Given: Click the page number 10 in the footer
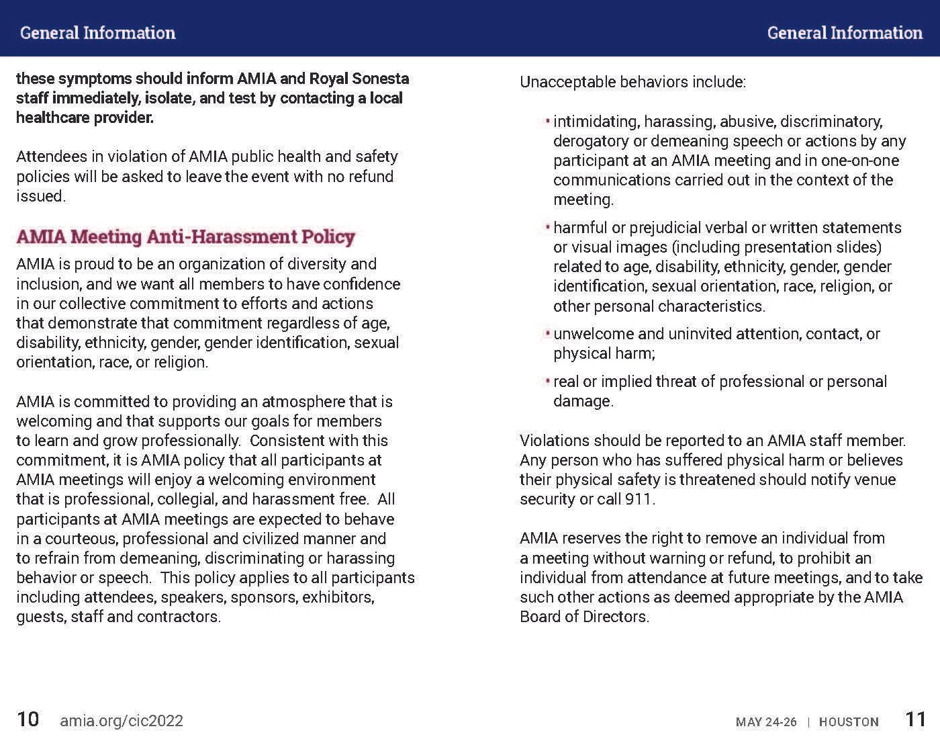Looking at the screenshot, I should pyautogui.click(x=28, y=720).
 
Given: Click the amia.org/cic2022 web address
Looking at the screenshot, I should pyautogui.click(x=122, y=721).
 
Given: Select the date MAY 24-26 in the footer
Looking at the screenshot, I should pyautogui.click(x=766, y=722).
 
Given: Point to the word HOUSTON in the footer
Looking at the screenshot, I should pyautogui.click(x=849, y=722).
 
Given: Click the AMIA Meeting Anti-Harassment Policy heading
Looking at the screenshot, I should pyautogui.click(x=185, y=236).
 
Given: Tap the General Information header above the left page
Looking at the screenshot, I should pyautogui.click(x=98, y=33).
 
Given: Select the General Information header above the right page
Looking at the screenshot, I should pyautogui.click(x=845, y=33).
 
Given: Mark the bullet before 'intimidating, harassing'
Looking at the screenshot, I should pyautogui.click(x=548, y=121).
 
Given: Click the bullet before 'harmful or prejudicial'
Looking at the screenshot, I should pyautogui.click(x=548, y=227).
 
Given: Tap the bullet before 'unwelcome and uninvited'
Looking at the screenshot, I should pyautogui.click(x=548, y=333).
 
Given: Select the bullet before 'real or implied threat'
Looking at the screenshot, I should pyautogui.click(x=548, y=381).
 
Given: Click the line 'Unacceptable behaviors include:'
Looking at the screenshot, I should pyautogui.click(x=632, y=82).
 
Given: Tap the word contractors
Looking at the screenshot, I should pyautogui.click(x=181, y=617).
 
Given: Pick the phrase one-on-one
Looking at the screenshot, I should pyautogui.click(x=860, y=161).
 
